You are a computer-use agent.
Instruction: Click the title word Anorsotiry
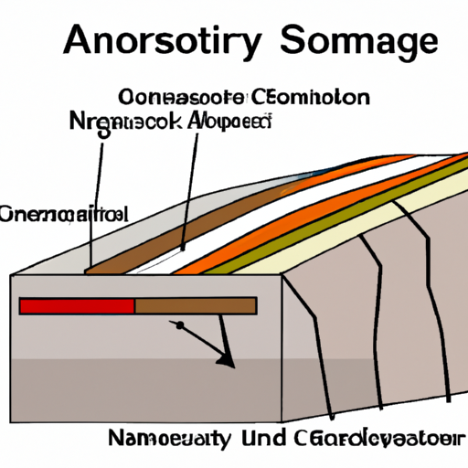click(x=154, y=43)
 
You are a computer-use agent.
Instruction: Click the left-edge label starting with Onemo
click(x=64, y=215)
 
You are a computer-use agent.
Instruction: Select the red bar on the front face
click(x=77, y=305)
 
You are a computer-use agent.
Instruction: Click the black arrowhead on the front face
click(x=225, y=363)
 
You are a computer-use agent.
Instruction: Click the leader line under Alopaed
click(x=189, y=192)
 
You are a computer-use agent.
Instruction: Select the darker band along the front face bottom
click(x=146, y=379)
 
